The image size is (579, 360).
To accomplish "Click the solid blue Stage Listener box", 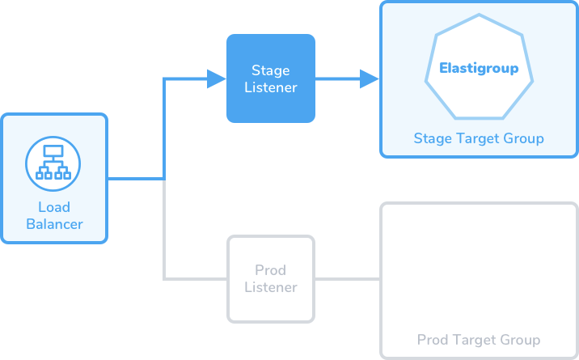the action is [271, 78].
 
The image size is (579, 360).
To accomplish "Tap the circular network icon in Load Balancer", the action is [53, 163].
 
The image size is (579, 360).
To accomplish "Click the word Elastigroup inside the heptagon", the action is [479, 68].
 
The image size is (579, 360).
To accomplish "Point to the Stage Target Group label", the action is [479, 138].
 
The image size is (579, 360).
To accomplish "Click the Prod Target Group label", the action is [479, 339].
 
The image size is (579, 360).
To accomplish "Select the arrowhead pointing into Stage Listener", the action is [217, 78].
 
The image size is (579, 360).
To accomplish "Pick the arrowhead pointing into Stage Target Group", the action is [370, 78].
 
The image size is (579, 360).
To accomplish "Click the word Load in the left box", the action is [54, 207].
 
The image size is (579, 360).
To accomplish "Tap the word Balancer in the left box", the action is [54, 224].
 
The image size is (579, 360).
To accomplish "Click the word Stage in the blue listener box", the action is [271, 70].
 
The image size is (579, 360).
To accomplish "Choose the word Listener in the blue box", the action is [271, 87].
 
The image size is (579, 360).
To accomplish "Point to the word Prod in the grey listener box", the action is [271, 270].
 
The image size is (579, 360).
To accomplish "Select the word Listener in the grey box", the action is [271, 287].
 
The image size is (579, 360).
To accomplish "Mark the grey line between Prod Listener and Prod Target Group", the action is [348, 279].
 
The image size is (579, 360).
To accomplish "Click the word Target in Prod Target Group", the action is [476, 340].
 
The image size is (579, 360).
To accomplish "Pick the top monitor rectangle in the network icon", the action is [53, 151].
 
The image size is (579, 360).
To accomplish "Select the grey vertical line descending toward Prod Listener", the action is [164, 229].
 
